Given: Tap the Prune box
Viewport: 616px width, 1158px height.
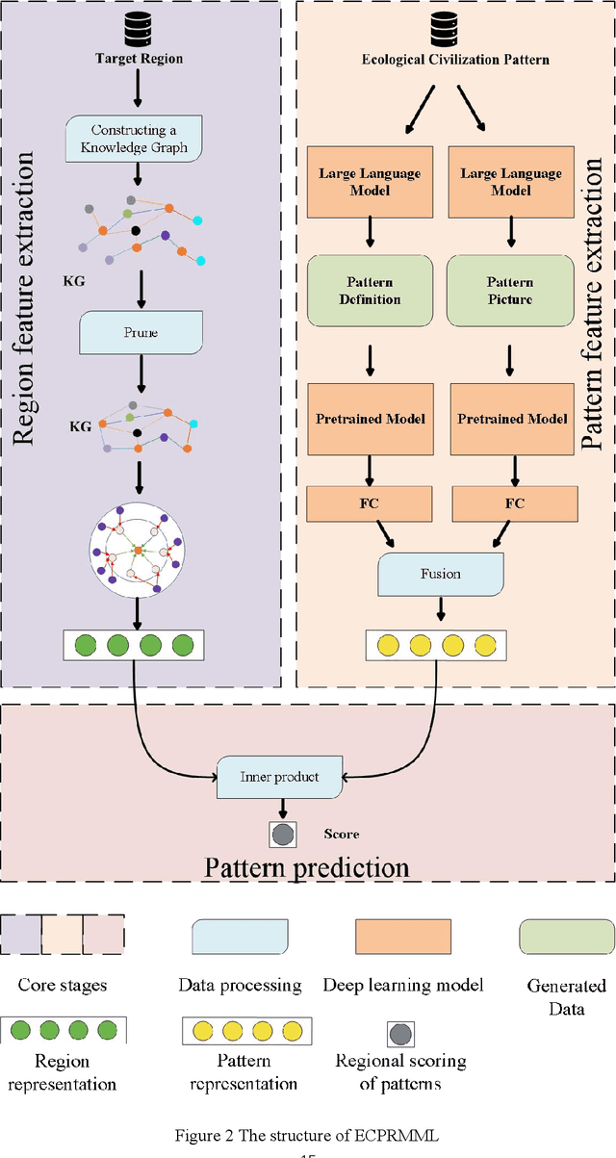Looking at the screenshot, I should coord(141,332).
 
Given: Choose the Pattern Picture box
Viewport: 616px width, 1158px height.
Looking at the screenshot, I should coord(509,290).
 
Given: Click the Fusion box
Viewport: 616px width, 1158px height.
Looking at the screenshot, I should coord(441,574).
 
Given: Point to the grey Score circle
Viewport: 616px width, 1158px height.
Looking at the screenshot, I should coord(283,834).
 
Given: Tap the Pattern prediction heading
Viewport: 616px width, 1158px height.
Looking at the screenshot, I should coord(307,866).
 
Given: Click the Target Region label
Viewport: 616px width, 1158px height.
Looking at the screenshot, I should coord(139,59).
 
